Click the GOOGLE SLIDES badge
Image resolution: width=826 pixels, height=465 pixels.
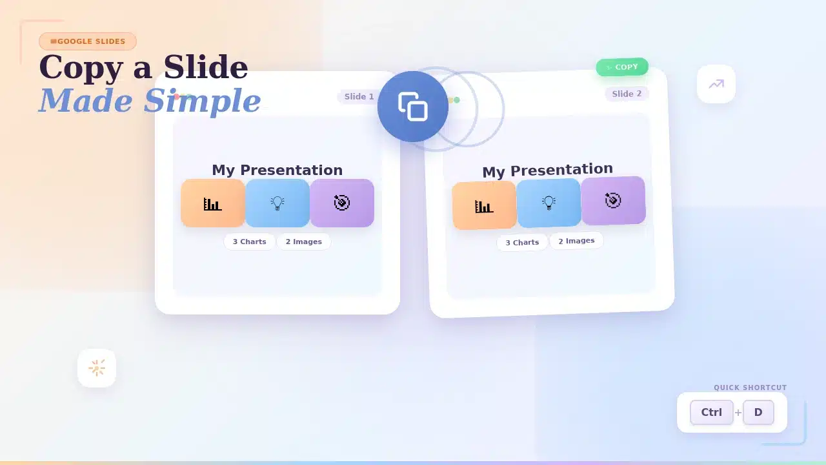pos(88,41)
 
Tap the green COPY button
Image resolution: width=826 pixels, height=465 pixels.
pos(622,67)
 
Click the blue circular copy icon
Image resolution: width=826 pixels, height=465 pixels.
pos(413,107)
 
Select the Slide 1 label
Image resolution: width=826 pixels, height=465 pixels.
pos(359,97)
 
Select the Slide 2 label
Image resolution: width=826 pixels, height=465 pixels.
pos(627,94)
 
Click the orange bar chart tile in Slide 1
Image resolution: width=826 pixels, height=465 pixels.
pos(213,203)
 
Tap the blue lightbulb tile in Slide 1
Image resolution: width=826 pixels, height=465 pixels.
pos(277,203)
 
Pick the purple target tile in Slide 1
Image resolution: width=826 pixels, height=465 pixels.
pos(342,203)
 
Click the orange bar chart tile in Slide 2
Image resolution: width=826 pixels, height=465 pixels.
pos(484,205)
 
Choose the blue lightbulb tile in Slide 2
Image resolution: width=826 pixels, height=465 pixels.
pos(549,203)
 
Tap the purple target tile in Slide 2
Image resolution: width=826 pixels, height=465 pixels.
pos(613,201)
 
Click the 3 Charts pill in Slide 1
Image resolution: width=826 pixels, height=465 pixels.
pos(249,242)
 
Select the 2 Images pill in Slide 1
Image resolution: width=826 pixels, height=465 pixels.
pos(304,242)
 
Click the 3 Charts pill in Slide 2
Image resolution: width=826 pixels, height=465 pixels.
pos(522,242)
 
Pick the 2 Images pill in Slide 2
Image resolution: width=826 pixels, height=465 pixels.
pos(576,241)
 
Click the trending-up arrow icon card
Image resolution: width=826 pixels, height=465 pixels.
pos(716,84)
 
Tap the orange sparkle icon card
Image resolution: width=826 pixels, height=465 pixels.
pos(97,368)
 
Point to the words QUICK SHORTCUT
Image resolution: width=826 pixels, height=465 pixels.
pos(750,387)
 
